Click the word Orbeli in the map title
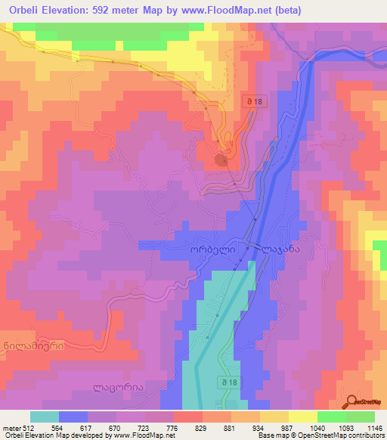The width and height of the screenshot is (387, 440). [x=24, y=9]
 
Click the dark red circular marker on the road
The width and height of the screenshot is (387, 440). [x=221, y=160]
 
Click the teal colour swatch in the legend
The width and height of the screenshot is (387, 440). [x=45, y=416]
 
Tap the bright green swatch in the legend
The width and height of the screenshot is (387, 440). [x=361, y=416]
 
